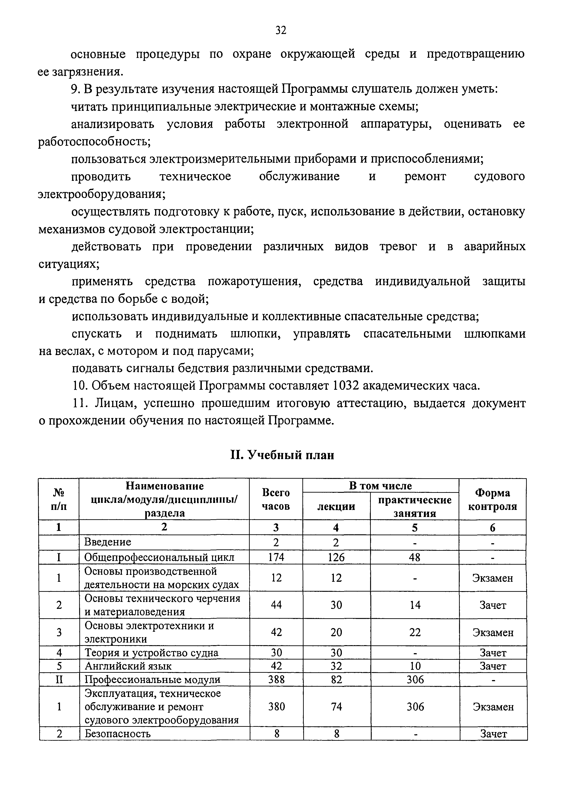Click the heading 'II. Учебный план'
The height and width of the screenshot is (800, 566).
coord(282,455)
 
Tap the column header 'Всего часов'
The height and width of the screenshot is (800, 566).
coord(276,499)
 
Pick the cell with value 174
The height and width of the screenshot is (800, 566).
coord(276,557)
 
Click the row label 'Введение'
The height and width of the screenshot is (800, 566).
coord(108,542)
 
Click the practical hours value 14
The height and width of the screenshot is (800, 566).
coord(415,605)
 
